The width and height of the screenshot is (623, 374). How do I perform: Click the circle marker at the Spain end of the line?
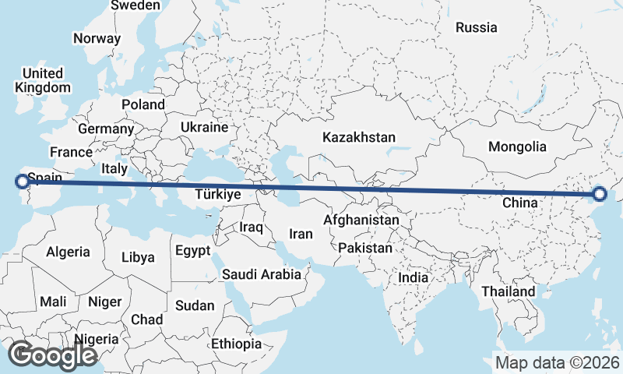[22, 182]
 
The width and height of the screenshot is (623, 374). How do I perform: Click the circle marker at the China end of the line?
[600, 194]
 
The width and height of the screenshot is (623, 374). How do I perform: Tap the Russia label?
[476, 27]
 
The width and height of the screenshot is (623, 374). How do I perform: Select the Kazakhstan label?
[359, 137]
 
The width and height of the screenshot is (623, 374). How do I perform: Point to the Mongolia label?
[517, 146]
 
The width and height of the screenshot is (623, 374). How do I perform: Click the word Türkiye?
[217, 194]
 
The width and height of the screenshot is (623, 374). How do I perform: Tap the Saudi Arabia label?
[261, 274]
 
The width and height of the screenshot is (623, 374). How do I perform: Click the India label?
[413, 277]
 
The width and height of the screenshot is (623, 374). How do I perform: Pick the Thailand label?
[508, 291]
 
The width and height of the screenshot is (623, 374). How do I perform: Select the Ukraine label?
[204, 127]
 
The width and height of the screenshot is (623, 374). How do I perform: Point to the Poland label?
[143, 104]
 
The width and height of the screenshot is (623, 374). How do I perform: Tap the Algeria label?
[68, 252]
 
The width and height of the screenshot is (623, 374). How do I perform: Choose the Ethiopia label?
[236, 344]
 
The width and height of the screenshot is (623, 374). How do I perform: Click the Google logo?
[51, 355]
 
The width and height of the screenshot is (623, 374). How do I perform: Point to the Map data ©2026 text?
[557, 362]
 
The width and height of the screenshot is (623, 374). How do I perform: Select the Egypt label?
[192, 251]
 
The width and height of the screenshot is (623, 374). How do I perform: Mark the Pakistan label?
[364, 248]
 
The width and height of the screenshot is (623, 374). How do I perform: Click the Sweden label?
[136, 5]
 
